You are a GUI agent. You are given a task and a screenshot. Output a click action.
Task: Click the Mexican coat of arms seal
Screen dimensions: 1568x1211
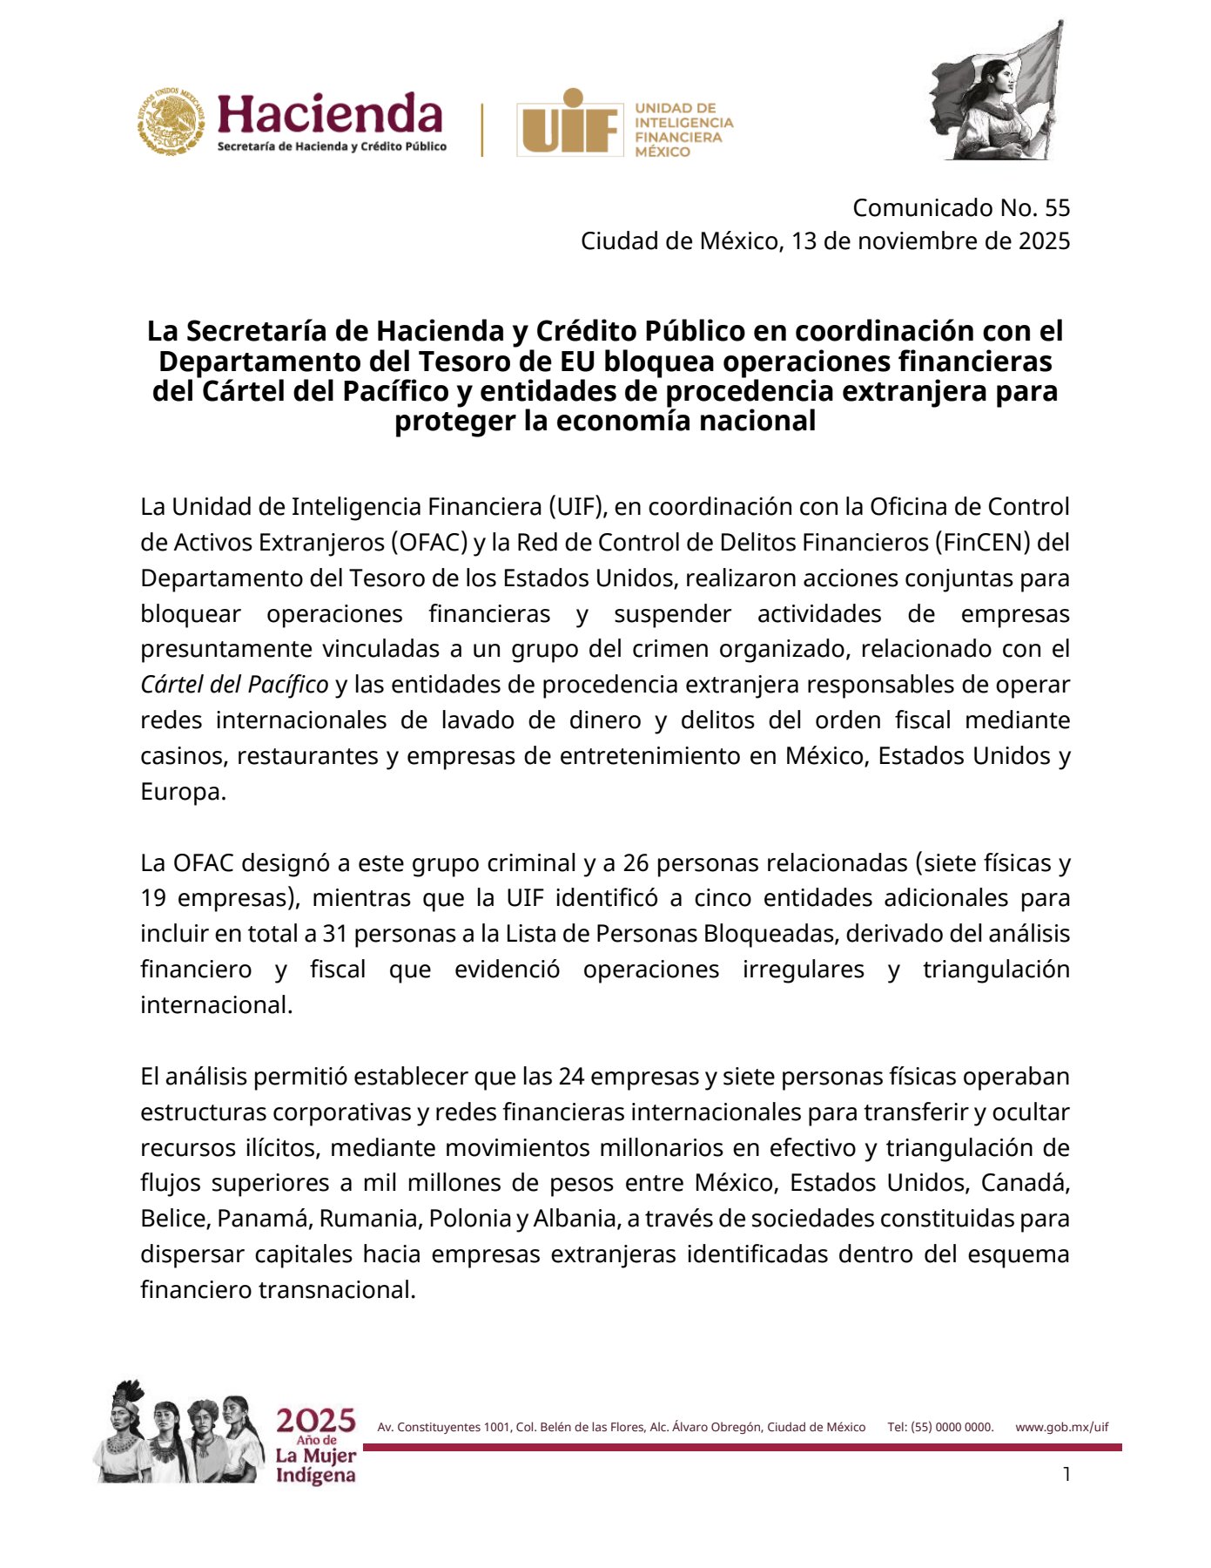pyautogui.click(x=170, y=121)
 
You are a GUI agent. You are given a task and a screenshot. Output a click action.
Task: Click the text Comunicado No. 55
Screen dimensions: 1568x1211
pyautogui.click(x=961, y=207)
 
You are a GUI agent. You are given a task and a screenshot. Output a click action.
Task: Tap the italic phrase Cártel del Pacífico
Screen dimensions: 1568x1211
pyautogui.click(x=234, y=685)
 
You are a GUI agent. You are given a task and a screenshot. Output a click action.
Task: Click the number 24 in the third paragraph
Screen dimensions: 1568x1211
pyautogui.click(x=571, y=1077)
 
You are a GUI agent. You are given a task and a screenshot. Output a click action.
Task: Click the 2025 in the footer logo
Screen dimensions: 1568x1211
pyautogui.click(x=316, y=1421)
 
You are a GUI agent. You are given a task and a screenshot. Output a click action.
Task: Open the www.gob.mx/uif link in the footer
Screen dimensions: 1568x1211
pyautogui.click(x=1061, y=1427)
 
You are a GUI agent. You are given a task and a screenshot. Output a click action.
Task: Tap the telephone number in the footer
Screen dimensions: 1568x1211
pyautogui.click(x=940, y=1427)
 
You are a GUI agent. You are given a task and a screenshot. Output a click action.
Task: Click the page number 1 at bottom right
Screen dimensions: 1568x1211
pyautogui.click(x=1066, y=1474)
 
